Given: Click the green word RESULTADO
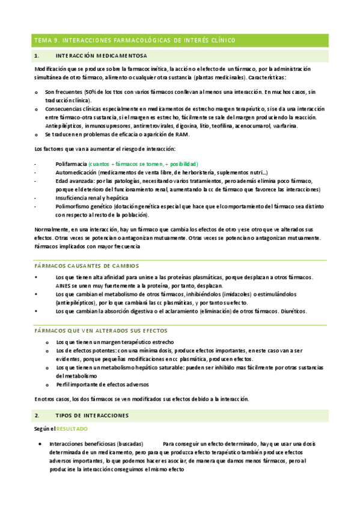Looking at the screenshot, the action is click(72, 429).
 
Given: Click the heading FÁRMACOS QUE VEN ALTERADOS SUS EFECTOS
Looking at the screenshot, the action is click(100, 331).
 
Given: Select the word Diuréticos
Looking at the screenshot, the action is click(293, 311).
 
